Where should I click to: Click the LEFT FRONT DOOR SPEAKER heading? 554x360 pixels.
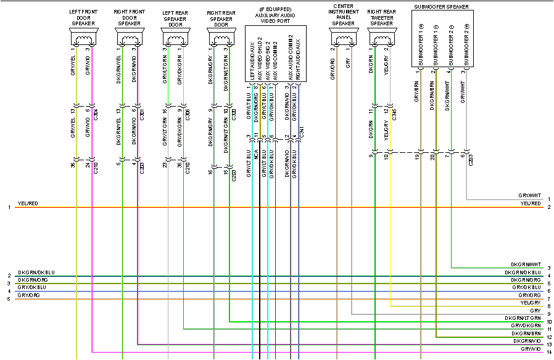point(83,17)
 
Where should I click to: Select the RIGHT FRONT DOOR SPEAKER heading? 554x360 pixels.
point(130,17)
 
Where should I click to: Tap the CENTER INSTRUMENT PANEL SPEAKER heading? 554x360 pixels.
point(343,15)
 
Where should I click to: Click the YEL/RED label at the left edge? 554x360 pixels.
point(28,203)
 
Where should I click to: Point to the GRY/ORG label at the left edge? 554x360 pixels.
point(28,295)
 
